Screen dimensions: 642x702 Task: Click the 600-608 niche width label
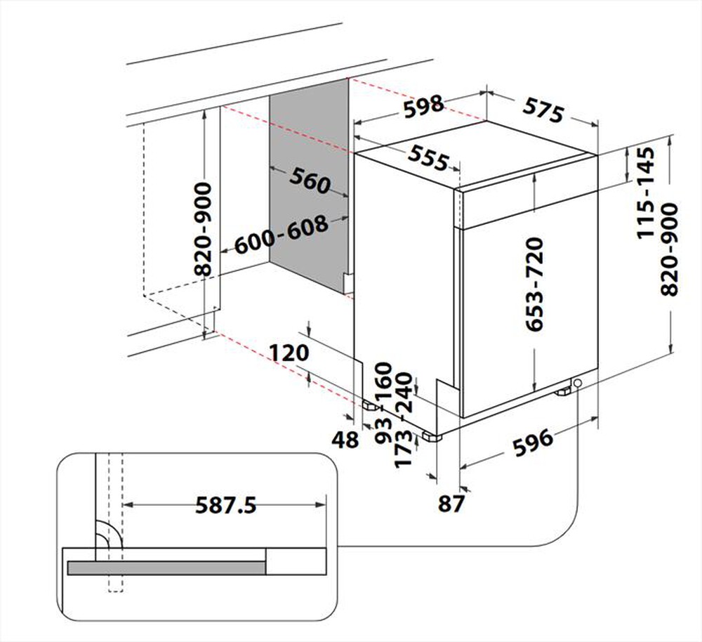click(x=282, y=236)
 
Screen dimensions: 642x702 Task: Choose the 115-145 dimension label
click(x=647, y=194)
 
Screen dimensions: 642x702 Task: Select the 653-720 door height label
click(x=534, y=284)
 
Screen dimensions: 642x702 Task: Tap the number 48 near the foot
click(x=344, y=440)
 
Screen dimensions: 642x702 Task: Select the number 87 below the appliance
click(x=452, y=504)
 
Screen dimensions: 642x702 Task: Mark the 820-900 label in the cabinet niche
click(x=203, y=229)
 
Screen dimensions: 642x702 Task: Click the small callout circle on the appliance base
click(x=577, y=383)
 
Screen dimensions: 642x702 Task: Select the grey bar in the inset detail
click(x=166, y=568)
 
